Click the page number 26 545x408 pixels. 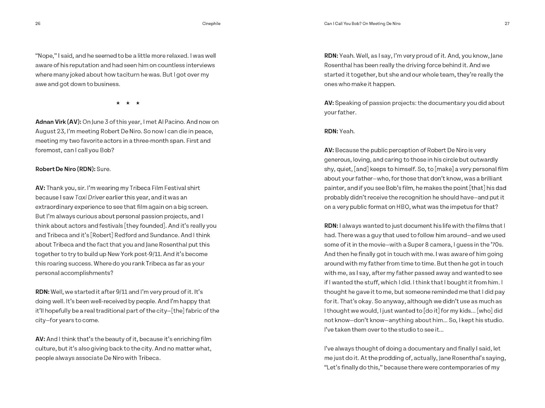coord(38,24)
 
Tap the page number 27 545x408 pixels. coord(507,24)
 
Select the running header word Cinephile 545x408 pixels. coord(211,24)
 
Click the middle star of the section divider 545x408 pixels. coord(128,103)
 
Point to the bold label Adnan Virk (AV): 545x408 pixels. coord(58,122)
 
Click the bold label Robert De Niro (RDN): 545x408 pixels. coord(65,169)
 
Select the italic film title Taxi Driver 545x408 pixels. coord(90,197)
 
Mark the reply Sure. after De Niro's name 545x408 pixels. coord(104,169)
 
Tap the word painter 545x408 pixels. coord(334,188)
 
